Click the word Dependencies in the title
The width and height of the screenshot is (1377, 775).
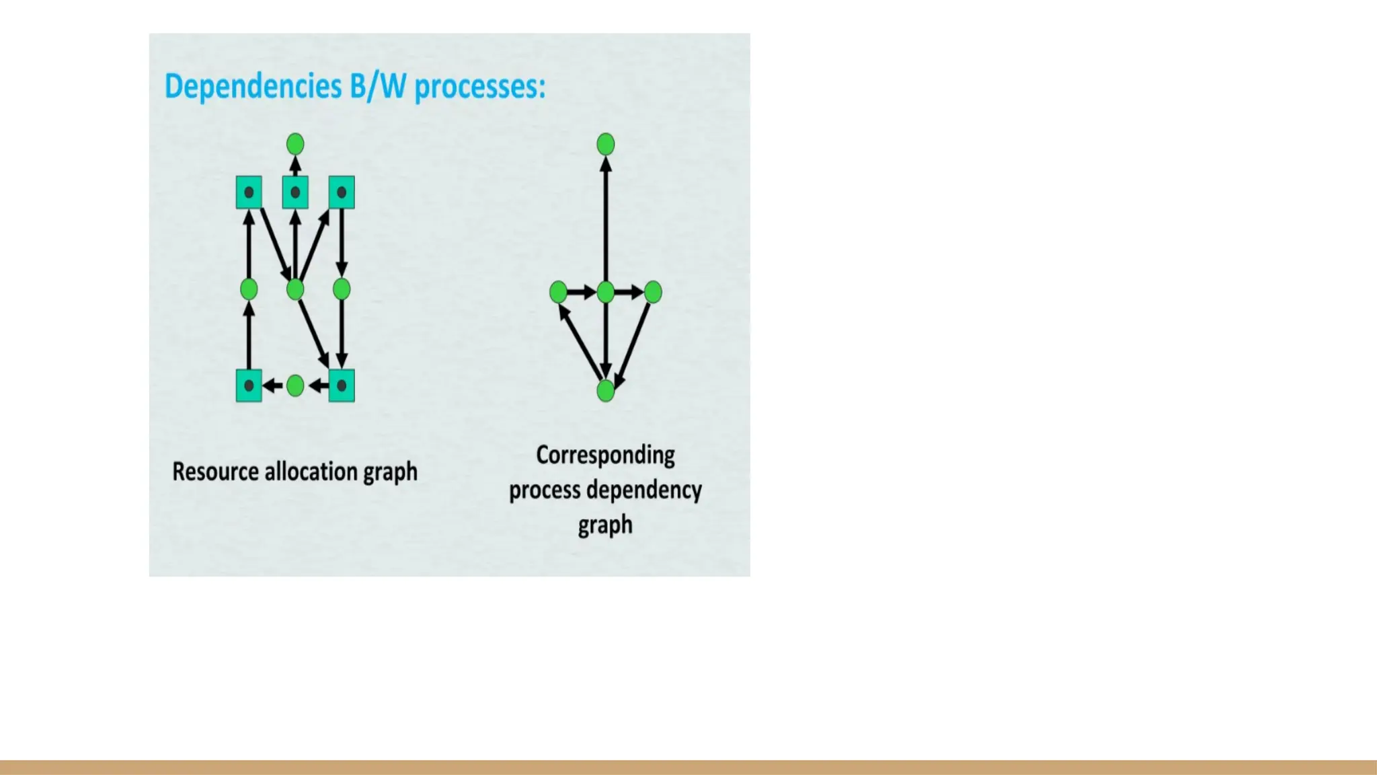point(253,87)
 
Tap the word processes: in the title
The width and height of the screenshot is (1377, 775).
point(479,87)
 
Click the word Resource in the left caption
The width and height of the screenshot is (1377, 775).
point(215,472)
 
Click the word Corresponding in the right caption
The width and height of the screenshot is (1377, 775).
point(605,455)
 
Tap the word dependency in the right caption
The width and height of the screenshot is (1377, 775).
point(644,490)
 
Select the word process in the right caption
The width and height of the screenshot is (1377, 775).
point(544,490)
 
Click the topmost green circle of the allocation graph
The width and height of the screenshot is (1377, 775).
point(295,144)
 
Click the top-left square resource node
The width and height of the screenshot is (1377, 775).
point(249,192)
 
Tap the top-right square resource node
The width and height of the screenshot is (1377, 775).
point(342,192)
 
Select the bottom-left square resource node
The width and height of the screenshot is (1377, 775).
point(249,385)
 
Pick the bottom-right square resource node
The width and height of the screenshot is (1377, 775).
point(342,385)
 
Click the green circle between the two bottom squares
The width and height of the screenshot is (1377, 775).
point(295,385)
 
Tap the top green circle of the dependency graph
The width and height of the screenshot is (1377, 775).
point(606,144)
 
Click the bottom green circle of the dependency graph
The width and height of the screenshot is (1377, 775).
point(606,391)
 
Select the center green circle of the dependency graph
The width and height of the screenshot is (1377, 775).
point(606,292)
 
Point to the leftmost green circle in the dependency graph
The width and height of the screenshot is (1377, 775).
point(558,292)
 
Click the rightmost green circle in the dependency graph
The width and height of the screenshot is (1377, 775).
point(653,292)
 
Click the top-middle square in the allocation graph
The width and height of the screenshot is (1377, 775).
point(295,192)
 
